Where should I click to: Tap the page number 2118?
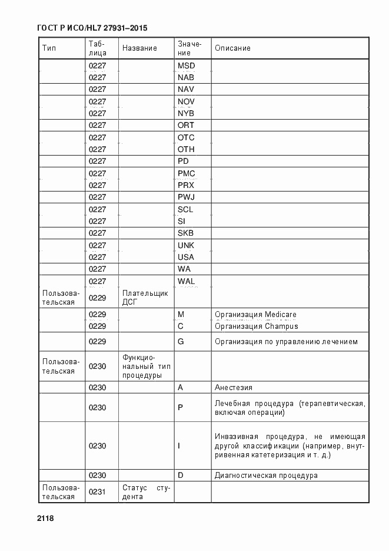pyautogui.click(x=45, y=518)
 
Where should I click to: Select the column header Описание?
pyautogui.click(x=232, y=48)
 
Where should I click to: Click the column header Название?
pyautogui.click(x=139, y=48)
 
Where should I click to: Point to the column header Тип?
pyautogui.click(x=48, y=48)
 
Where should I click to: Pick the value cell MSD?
pyautogui.click(x=186, y=65)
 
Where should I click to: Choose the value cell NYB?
pyautogui.click(x=186, y=113)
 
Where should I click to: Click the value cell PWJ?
pyautogui.click(x=186, y=197)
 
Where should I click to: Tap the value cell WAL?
pyautogui.click(x=186, y=281)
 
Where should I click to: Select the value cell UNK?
pyautogui.click(x=186, y=245)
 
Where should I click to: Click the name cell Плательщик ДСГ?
pyautogui.click(x=145, y=298)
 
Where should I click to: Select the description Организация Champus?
pyautogui.click(x=256, y=326)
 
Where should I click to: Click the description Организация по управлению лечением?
pyautogui.click(x=286, y=342)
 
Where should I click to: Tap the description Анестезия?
pyautogui.click(x=234, y=387)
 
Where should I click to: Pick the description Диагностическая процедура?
pyautogui.click(x=266, y=475)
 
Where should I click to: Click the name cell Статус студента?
pyautogui.click(x=146, y=492)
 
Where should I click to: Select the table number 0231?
pyautogui.click(x=97, y=492)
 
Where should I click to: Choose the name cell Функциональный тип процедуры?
pyautogui.click(x=147, y=366)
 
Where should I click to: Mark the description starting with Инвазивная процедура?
pyautogui.click(x=290, y=446)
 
